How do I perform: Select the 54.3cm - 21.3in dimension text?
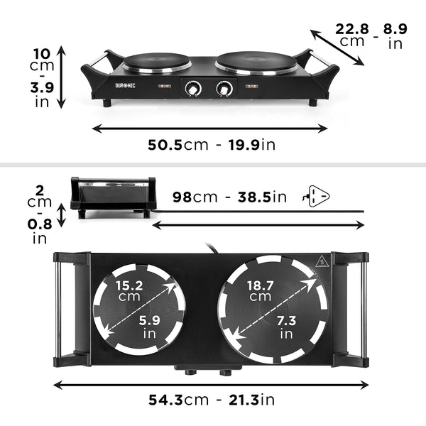click(x=211, y=400)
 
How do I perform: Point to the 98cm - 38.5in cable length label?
click(x=229, y=197)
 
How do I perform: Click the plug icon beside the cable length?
click(x=317, y=195)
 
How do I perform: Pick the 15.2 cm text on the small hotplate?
click(x=129, y=290)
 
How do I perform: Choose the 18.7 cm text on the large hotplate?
click(x=260, y=290)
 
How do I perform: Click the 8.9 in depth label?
click(x=395, y=35)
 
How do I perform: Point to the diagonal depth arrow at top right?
click(x=338, y=46)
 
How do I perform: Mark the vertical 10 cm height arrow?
click(x=62, y=77)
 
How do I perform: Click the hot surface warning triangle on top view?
click(x=321, y=261)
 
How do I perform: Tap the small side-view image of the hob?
click(x=113, y=196)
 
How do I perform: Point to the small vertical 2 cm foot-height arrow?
click(x=62, y=215)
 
